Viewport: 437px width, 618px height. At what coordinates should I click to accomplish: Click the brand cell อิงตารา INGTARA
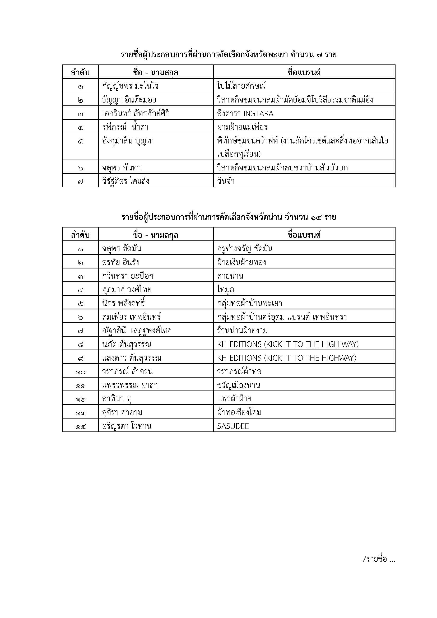(245, 114)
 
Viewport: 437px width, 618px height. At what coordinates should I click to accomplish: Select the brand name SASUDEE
(233, 426)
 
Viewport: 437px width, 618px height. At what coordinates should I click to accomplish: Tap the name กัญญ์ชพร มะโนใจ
(130, 86)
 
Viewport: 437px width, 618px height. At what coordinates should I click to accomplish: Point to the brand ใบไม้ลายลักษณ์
(241, 86)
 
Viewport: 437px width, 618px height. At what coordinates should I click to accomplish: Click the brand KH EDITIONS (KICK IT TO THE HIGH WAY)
(288, 344)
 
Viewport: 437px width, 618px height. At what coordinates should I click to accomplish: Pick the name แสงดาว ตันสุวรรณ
(132, 358)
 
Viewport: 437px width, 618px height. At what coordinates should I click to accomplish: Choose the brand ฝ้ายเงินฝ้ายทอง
(242, 262)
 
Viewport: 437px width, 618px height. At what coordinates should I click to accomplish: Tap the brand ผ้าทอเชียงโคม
(239, 412)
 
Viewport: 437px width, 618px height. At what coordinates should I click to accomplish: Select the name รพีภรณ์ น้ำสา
(125, 127)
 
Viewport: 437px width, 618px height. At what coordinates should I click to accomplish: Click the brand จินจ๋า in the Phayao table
(226, 181)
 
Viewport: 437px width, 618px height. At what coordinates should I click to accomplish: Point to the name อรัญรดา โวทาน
(127, 426)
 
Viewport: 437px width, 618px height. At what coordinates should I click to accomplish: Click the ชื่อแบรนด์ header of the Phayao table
(304, 72)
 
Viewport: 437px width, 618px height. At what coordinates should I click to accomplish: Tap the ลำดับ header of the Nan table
(80, 235)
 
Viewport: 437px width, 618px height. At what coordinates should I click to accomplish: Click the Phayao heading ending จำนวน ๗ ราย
(229, 55)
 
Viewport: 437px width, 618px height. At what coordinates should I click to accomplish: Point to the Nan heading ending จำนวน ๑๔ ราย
(229, 217)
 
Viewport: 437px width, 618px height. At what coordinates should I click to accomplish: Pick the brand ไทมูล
(225, 290)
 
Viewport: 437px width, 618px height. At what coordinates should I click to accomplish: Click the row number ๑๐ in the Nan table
(80, 372)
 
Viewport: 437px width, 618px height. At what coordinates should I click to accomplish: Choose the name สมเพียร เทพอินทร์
(131, 317)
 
